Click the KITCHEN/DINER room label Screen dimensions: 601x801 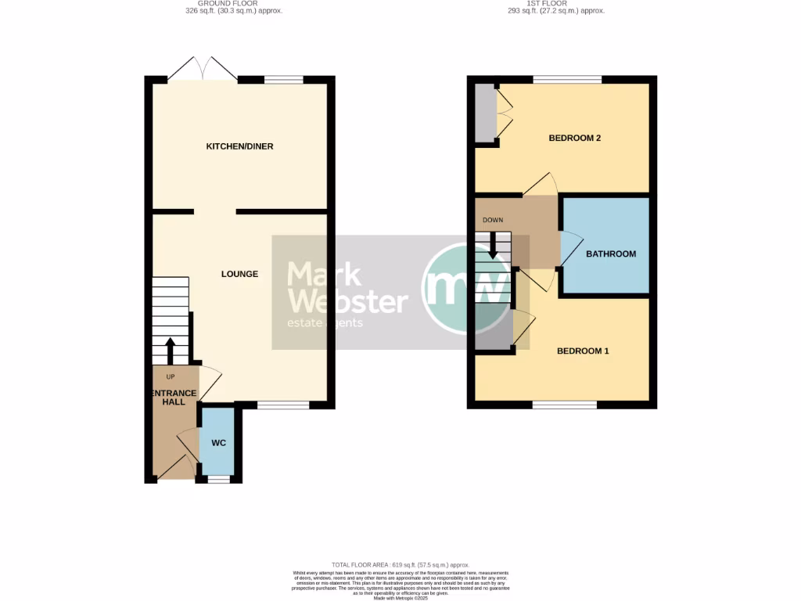tap(239, 146)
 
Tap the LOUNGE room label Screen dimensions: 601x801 tap(239, 274)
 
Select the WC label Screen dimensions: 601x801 tap(219, 443)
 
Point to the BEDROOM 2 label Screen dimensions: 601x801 tap(574, 139)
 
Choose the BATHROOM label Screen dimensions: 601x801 tap(611, 254)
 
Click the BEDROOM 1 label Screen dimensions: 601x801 tap(583, 351)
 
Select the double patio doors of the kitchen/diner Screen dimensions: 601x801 tap(203, 71)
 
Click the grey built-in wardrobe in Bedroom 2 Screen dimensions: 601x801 tap(485, 113)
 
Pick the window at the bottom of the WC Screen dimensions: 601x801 tap(219, 479)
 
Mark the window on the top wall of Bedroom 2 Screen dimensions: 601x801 tap(567, 79)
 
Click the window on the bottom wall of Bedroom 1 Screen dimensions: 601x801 tap(565, 405)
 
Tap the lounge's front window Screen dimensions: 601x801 tap(282, 405)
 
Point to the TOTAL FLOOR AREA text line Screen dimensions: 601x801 tap(400, 565)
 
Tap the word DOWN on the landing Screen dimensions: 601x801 tap(493, 220)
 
